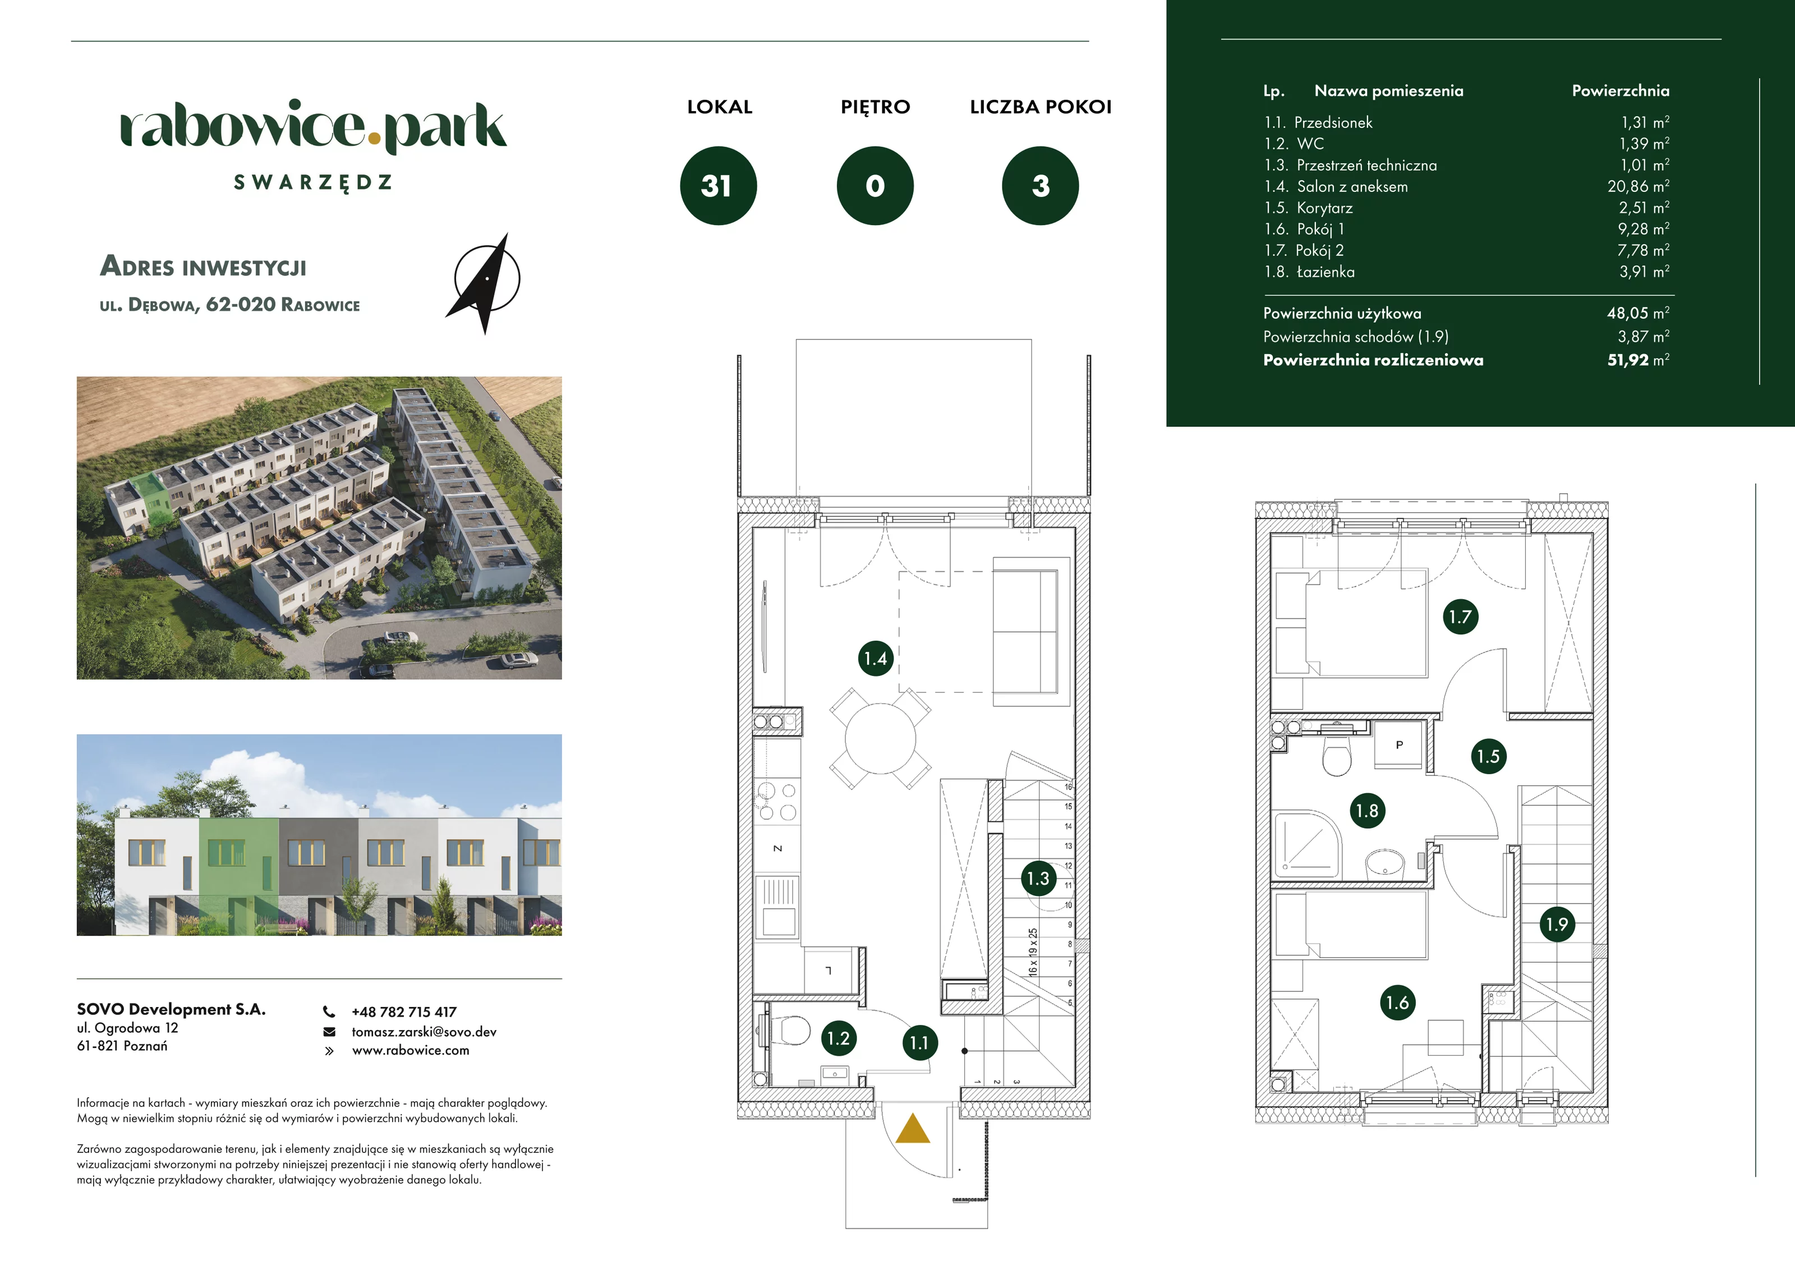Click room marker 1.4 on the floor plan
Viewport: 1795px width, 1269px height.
click(x=876, y=659)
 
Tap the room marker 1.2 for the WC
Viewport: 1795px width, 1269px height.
click(x=838, y=1038)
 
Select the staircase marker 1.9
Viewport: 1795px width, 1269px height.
click(x=1557, y=924)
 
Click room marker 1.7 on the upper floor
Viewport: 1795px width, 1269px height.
click(x=1460, y=617)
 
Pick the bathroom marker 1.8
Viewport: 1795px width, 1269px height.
click(x=1366, y=811)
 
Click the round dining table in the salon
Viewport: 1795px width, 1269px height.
click(x=880, y=739)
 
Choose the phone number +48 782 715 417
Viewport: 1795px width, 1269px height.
click(x=404, y=1011)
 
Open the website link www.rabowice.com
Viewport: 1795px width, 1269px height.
click(x=411, y=1050)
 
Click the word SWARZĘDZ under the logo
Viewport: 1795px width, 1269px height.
click(x=312, y=183)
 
